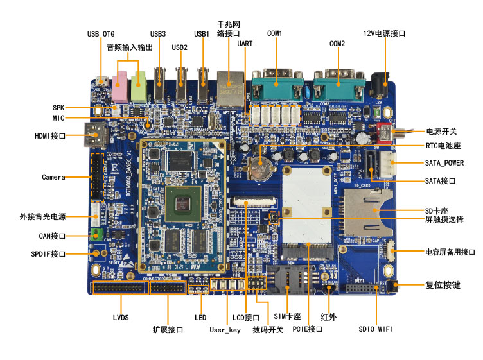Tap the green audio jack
[x=139, y=88]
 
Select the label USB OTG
[x=101, y=34]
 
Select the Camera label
[x=55, y=176]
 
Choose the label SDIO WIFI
[x=376, y=329]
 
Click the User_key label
[x=225, y=330]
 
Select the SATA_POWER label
[x=444, y=163]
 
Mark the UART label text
[x=245, y=43]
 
